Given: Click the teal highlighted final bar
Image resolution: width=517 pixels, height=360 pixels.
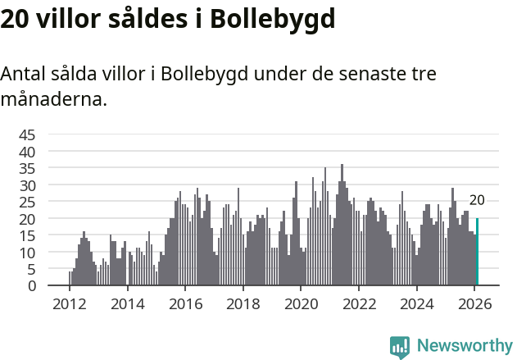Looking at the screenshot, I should [477, 252].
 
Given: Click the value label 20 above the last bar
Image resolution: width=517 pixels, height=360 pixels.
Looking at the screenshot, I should [477, 200].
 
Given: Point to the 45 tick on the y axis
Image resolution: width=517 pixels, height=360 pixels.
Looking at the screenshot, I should [27, 134].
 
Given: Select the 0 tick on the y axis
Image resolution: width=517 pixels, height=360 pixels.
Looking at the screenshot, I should [32, 286].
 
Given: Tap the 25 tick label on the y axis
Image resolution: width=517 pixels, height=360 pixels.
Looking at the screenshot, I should [27, 202].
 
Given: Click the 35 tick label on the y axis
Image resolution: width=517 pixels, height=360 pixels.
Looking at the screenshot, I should [27, 168].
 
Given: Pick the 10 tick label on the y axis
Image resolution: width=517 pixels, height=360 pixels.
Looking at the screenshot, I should [27, 253].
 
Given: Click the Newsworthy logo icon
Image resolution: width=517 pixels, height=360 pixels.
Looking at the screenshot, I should [400, 346].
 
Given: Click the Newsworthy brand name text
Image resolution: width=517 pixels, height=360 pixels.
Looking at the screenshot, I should [464, 346].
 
